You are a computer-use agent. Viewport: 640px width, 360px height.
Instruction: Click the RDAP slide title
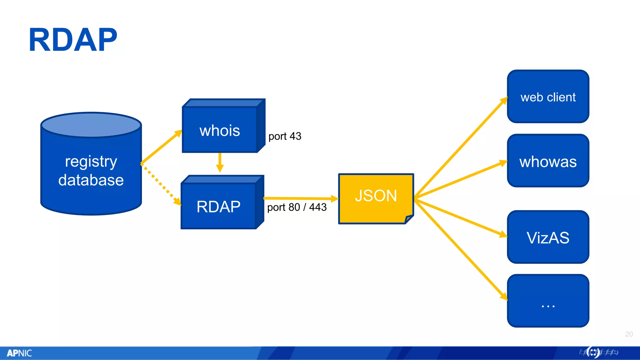(73, 40)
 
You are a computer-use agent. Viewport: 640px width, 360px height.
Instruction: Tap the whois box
(220, 130)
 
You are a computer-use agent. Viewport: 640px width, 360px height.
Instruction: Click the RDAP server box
(218, 207)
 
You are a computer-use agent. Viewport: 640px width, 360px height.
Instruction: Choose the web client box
(548, 97)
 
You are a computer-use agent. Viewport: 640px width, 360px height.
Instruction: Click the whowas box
(548, 162)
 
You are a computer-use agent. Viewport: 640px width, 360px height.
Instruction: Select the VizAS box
(548, 237)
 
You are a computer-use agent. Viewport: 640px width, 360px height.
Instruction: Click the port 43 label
(285, 136)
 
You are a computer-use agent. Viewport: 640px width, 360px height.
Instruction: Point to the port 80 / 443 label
(297, 207)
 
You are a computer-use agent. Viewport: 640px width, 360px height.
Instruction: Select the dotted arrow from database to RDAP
(161, 184)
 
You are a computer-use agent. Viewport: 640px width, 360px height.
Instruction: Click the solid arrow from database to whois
(161, 147)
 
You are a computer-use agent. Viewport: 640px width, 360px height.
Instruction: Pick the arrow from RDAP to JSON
(300, 198)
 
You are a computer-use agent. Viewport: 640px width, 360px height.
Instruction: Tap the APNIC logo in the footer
(19, 353)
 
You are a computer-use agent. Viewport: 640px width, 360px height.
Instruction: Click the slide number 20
(629, 334)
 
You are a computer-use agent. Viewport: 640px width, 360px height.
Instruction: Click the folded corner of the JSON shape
(409, 219)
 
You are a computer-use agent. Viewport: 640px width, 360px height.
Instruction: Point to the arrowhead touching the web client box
(504, 101)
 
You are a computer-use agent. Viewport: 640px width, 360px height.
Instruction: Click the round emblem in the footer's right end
(593, 352)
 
